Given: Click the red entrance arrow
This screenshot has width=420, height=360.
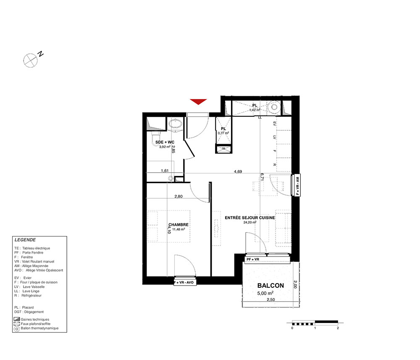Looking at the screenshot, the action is pyautogui.click(x=199, y=102).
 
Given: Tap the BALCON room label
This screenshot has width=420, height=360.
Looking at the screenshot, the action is pyautogui.click(x=270, y=286).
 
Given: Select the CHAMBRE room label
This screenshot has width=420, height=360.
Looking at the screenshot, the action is pyautogui.click(x=178, y=225).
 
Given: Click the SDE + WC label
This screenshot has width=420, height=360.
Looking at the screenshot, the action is pyautogui.click(x=165, y=142).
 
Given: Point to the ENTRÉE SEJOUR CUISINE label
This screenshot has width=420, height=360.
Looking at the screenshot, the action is pyautogui.click(x=250, y=218).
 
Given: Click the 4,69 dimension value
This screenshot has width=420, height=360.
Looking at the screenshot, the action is pyautogui.click(x=238, y=171).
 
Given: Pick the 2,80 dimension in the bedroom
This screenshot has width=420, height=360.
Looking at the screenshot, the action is pyautogui.click(x=178, y=196).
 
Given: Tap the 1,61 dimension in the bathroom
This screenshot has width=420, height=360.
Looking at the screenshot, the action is pyautogui.click(x=165, y=171).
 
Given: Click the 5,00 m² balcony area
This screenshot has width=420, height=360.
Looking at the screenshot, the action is pyautogui.click(x=265, y=293).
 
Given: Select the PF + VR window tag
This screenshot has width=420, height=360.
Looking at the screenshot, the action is pyautogui.click(x=253, y=259).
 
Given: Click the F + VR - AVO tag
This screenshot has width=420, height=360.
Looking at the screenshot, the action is pyautogui.click(x=184, y=282).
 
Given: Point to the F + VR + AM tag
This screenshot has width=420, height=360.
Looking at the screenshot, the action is pyautogui.click(x=298, y=185).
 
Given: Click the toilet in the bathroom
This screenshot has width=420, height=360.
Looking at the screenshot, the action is pyautogui.click(x=156, y=140).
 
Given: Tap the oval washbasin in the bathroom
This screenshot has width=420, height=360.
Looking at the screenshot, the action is pyautogui.click(x=175, y=124).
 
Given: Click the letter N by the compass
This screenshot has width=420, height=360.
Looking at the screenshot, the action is pyautogui.click(x=40, y=54).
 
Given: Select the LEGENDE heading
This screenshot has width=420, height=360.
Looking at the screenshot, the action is pyautogui.click(x=25, y=240).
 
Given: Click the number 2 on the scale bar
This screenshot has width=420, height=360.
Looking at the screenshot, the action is pyautogui.click(x=338, y=328).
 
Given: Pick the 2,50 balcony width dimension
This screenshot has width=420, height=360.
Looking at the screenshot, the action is pyautogui.click(x=271, y=300).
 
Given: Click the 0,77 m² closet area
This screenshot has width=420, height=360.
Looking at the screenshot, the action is pyautogui.click(x=223, y=133).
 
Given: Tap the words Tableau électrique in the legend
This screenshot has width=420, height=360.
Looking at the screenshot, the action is pyautogui.click(x=36, y=248).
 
